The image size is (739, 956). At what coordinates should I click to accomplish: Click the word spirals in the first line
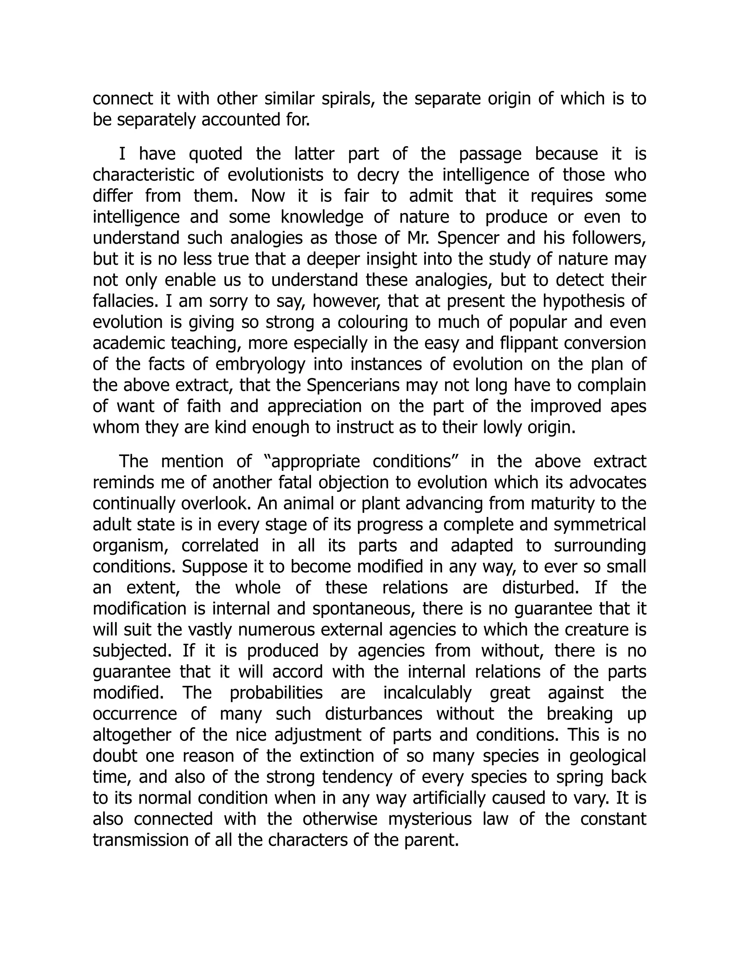348,99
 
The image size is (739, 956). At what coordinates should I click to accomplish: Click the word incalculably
427,693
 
